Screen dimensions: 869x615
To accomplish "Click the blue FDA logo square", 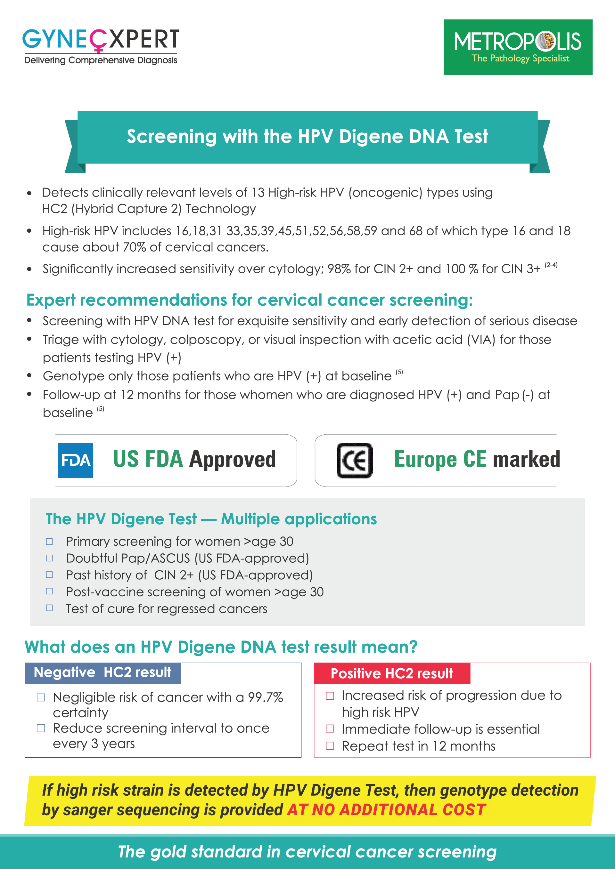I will click(x=75, y=460).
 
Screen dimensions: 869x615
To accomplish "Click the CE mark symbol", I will click(x=355, y=460).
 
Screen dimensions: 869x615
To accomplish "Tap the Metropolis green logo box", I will click(x=518, y=47).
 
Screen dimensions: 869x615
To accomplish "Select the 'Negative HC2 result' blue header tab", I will click(x=102, y=672).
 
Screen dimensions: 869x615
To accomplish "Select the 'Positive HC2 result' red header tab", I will click(x=392, y=673).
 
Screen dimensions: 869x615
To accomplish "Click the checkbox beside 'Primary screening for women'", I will click(x=49, y=541).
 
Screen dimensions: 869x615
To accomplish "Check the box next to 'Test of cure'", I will click(x=49, y=608).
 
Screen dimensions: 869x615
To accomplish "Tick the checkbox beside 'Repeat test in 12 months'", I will click(x=330, y=746).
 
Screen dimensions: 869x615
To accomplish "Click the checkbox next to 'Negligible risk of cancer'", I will click(x=41, y=697).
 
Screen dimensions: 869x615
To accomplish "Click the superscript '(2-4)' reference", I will click(x=551, y=265).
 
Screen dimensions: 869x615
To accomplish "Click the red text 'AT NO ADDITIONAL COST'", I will click(x=386, y=809).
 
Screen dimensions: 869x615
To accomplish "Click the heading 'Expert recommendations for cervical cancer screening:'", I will click(x=250, y=300).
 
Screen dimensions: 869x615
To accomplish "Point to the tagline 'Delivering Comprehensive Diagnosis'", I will click(x=100, y=60).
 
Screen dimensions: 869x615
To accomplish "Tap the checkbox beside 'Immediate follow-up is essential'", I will click(x=330, y=728).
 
